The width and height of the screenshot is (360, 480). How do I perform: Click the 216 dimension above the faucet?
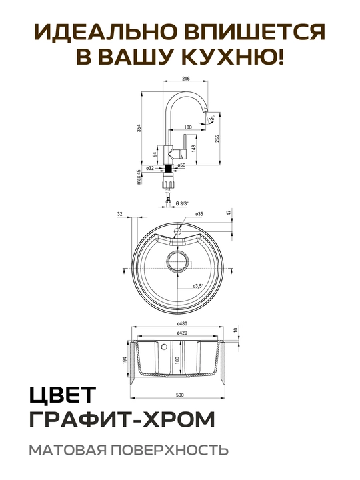pyautogui.click(x=186, y=79)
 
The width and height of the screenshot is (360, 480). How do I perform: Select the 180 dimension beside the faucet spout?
pyautogui.click(x=188, y=127)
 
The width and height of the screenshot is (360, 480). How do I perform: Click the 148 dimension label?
pyautogui.click(x=193, y=149)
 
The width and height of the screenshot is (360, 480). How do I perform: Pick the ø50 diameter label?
pyautogui.click(x=181, y=165)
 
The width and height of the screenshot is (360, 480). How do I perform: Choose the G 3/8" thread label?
pyautogui.click(x=183, y=203)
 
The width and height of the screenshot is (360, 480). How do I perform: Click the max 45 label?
pyautogui.click(x=139, y=177)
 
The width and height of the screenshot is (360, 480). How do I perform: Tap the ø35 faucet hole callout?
pyautogui.click(x=199, y=214)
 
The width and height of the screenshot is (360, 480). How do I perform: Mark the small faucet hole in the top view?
pyautogui.click(x=177, y=230)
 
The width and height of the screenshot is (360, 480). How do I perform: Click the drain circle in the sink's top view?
pyautogui.click(x=177, y=262)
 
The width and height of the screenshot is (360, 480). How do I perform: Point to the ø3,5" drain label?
pyautogui.click(x=198, y=286)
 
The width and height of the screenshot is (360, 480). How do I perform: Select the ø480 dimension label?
pyautogui.click(x=182, y=323)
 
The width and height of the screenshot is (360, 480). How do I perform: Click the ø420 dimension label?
pyautogui.click(x=182, y=333)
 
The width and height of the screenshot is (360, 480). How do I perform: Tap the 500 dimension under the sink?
pyautogui.click(x=180, y=395)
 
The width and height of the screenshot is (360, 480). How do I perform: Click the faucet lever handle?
pyautogui.click(x=185, y=146)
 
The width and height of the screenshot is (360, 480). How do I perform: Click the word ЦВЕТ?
pyautogui.click(x=63, y=395)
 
